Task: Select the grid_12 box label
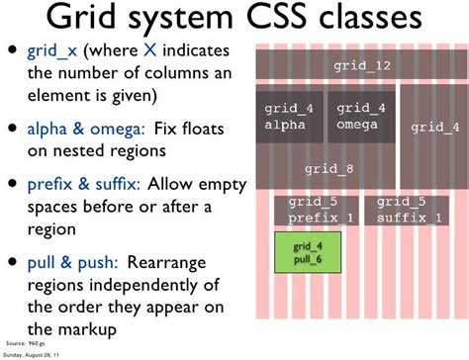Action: [x=361, y=66]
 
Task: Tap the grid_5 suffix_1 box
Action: [x=409, y=209]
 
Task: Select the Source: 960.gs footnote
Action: [x=28, y=343]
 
